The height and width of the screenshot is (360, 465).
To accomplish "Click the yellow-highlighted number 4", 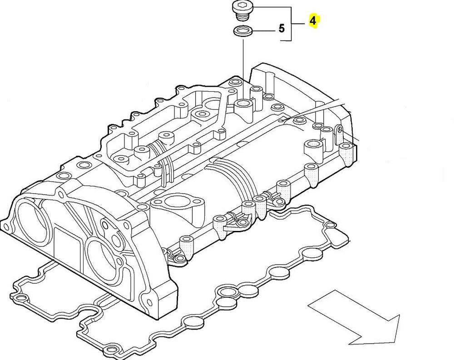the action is tap(313, 21).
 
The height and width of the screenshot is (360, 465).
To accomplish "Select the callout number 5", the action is tap(282, 29).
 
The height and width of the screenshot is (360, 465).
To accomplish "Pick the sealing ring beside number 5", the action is tap(242, 31).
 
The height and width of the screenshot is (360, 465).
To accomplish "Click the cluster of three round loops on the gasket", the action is tap(237, 294).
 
